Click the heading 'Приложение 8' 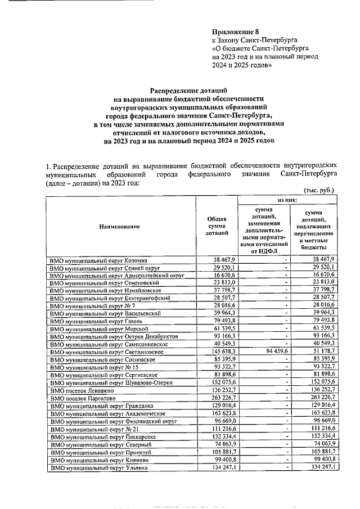point(235,31)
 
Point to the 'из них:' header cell point(289,200)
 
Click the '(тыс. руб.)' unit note point(318,190)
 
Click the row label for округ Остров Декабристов point(114,335)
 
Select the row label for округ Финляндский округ point(114,421)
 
